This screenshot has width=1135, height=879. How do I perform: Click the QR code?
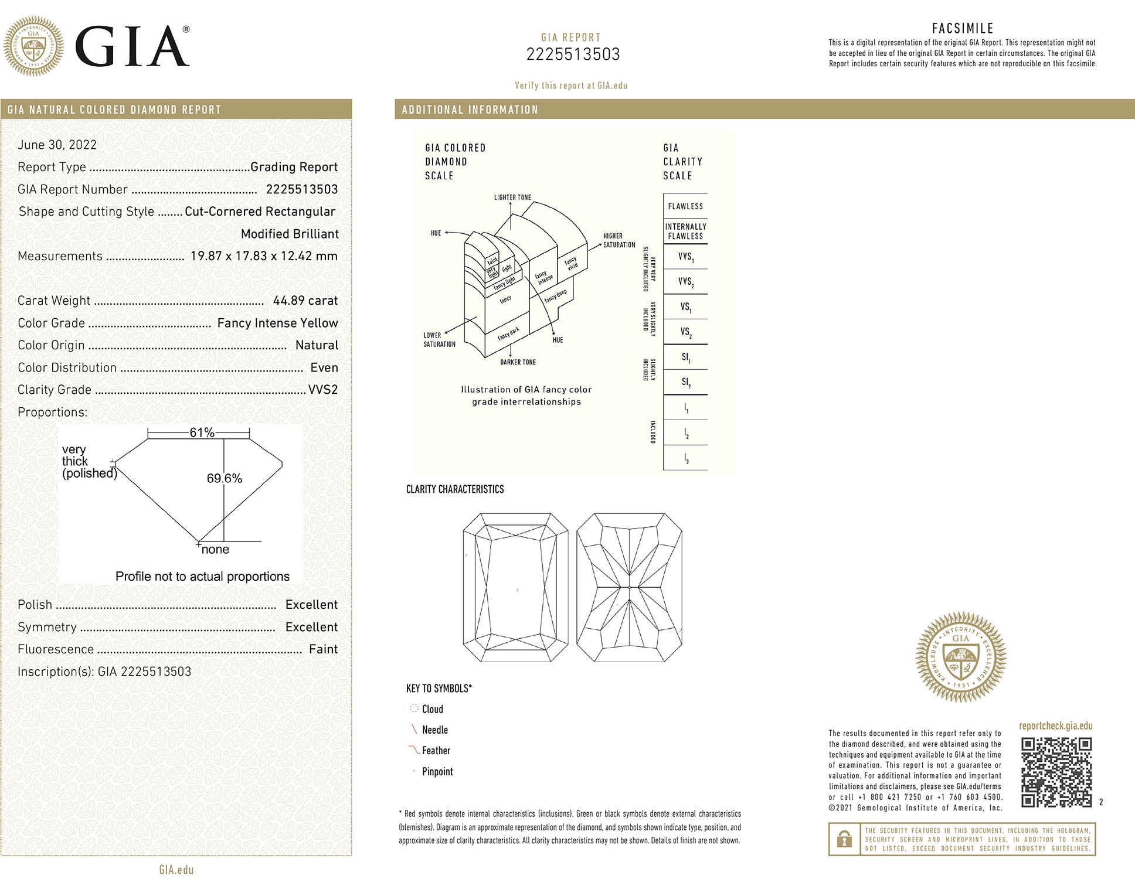[x=1056, y=772]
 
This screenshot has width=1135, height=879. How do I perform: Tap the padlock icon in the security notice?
[x=844, y=839]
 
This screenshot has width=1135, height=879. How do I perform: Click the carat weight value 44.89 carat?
[x=305, y=301]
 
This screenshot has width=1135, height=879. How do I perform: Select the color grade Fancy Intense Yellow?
[x=277, y=323]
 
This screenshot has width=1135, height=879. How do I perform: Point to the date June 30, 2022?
[x=57, y=145]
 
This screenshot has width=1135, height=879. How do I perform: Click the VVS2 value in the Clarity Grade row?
[x=323, y=390]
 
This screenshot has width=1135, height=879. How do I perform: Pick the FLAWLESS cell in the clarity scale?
[x=685, y=206]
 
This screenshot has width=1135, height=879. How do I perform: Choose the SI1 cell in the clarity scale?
[x=685, y=357]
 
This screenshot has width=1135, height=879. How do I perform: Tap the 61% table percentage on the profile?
[x=202, y=432]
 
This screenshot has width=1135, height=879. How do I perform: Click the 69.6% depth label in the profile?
[x=224, y=478]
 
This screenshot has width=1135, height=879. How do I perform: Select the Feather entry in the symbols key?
[x=436, y=751]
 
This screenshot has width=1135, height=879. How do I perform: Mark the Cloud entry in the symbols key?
[x=432, y=709]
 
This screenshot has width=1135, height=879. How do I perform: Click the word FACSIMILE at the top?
[x=963, y=28]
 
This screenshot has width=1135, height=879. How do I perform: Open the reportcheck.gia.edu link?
[x=1055, y=725]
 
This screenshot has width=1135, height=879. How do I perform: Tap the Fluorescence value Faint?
[x=323, y=649]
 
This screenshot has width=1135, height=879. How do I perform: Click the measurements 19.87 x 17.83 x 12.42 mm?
[x=264, y=256]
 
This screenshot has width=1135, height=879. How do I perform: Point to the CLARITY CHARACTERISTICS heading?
[x=455, y=489]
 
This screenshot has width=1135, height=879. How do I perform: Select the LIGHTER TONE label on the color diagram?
[x=512, y=197]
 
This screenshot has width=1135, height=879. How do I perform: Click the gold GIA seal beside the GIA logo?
[x=33, y=46]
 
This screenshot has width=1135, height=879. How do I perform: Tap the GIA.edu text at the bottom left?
[x=176, y=870]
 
